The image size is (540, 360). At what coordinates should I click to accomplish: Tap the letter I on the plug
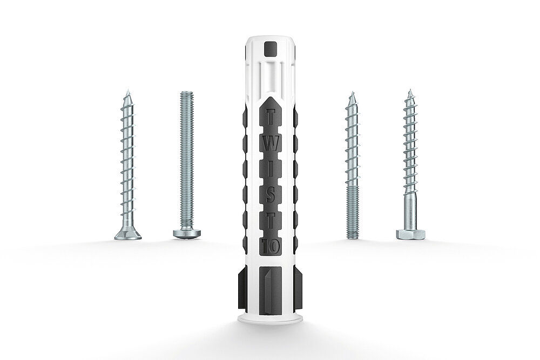[271, 169]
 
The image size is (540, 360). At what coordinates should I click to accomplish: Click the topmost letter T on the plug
[271, 117]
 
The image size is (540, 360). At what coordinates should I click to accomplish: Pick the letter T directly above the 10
[271, 221]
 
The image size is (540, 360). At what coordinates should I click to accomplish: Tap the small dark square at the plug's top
[270, 49]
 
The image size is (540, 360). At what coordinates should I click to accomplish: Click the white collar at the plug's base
[270, 318]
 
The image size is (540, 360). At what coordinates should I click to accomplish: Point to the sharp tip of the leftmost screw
[127, 90]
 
